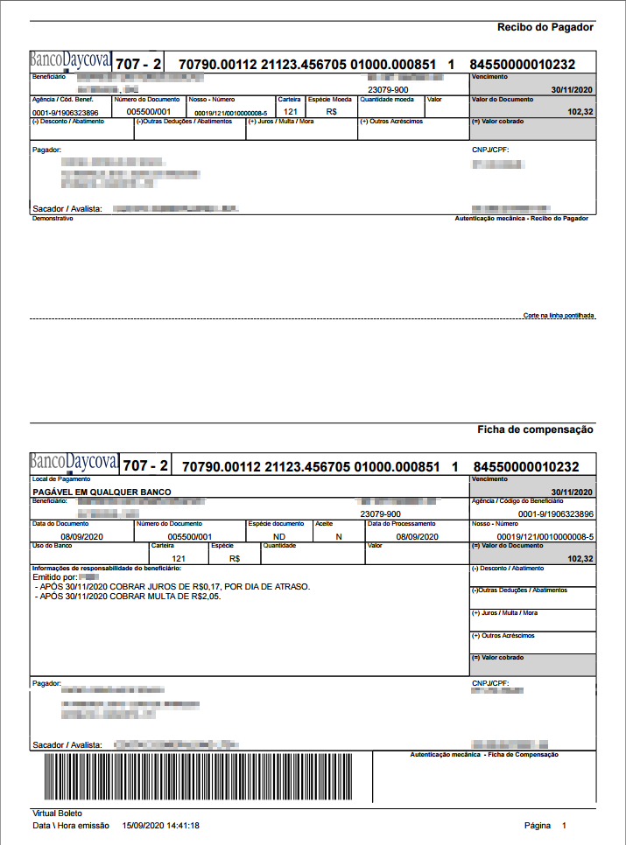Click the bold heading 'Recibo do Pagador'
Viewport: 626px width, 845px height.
[x=545, y=27]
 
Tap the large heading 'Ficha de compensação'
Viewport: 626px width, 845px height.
[x=535, y=429]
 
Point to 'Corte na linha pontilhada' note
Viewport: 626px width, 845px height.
[x=559, y=314]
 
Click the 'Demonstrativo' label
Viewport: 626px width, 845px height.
[x=53, y=219]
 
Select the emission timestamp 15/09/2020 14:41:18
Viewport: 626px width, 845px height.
[x=161, y=825]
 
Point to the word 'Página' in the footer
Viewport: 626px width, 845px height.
[x=538, y=825]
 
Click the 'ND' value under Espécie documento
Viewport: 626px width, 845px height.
[x=279, y=536]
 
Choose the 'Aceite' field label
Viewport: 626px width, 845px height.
[x=324, y=524]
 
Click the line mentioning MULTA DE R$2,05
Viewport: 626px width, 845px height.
[x=128, y=597]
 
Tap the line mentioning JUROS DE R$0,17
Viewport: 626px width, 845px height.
[x=172, y=587]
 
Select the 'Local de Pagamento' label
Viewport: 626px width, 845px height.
[x=56, y=479]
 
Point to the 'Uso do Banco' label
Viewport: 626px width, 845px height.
[x=50, y=545]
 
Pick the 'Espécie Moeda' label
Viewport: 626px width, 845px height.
[x=329, y=100]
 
